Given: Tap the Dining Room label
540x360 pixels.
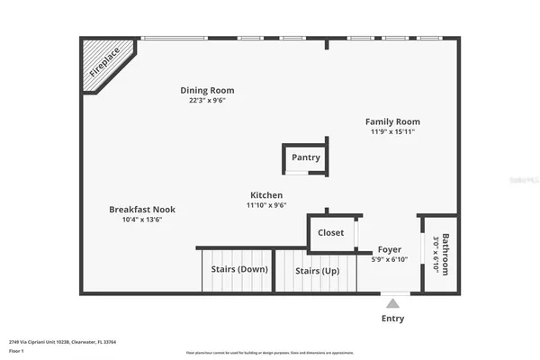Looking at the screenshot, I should coord(207,90).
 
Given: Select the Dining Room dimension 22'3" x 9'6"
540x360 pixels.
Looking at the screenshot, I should coord(207,101).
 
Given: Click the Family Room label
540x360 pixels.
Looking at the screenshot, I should coord(392,121).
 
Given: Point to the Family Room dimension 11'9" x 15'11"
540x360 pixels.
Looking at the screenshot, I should coord(392,132).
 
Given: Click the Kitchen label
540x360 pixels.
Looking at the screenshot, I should coord(266,195).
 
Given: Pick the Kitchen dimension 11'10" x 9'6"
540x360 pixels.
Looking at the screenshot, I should coord(266,205).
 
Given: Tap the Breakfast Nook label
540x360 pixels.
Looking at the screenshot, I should coord(142,209).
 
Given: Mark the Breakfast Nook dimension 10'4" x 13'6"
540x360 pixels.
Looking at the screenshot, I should coord(142,220).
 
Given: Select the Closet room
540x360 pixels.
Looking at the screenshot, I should coord(331,233).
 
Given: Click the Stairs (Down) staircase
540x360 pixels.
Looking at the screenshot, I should coord(238,269).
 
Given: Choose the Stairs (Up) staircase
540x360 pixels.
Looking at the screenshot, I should coord(318,270).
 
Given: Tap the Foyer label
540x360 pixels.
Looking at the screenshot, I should coord(390,249).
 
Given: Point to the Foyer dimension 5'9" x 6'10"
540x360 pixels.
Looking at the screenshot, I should coord(390,259).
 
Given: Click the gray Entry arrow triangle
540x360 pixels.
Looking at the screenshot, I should coord(392,304).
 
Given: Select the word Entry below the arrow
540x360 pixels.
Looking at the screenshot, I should coord(392,319).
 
